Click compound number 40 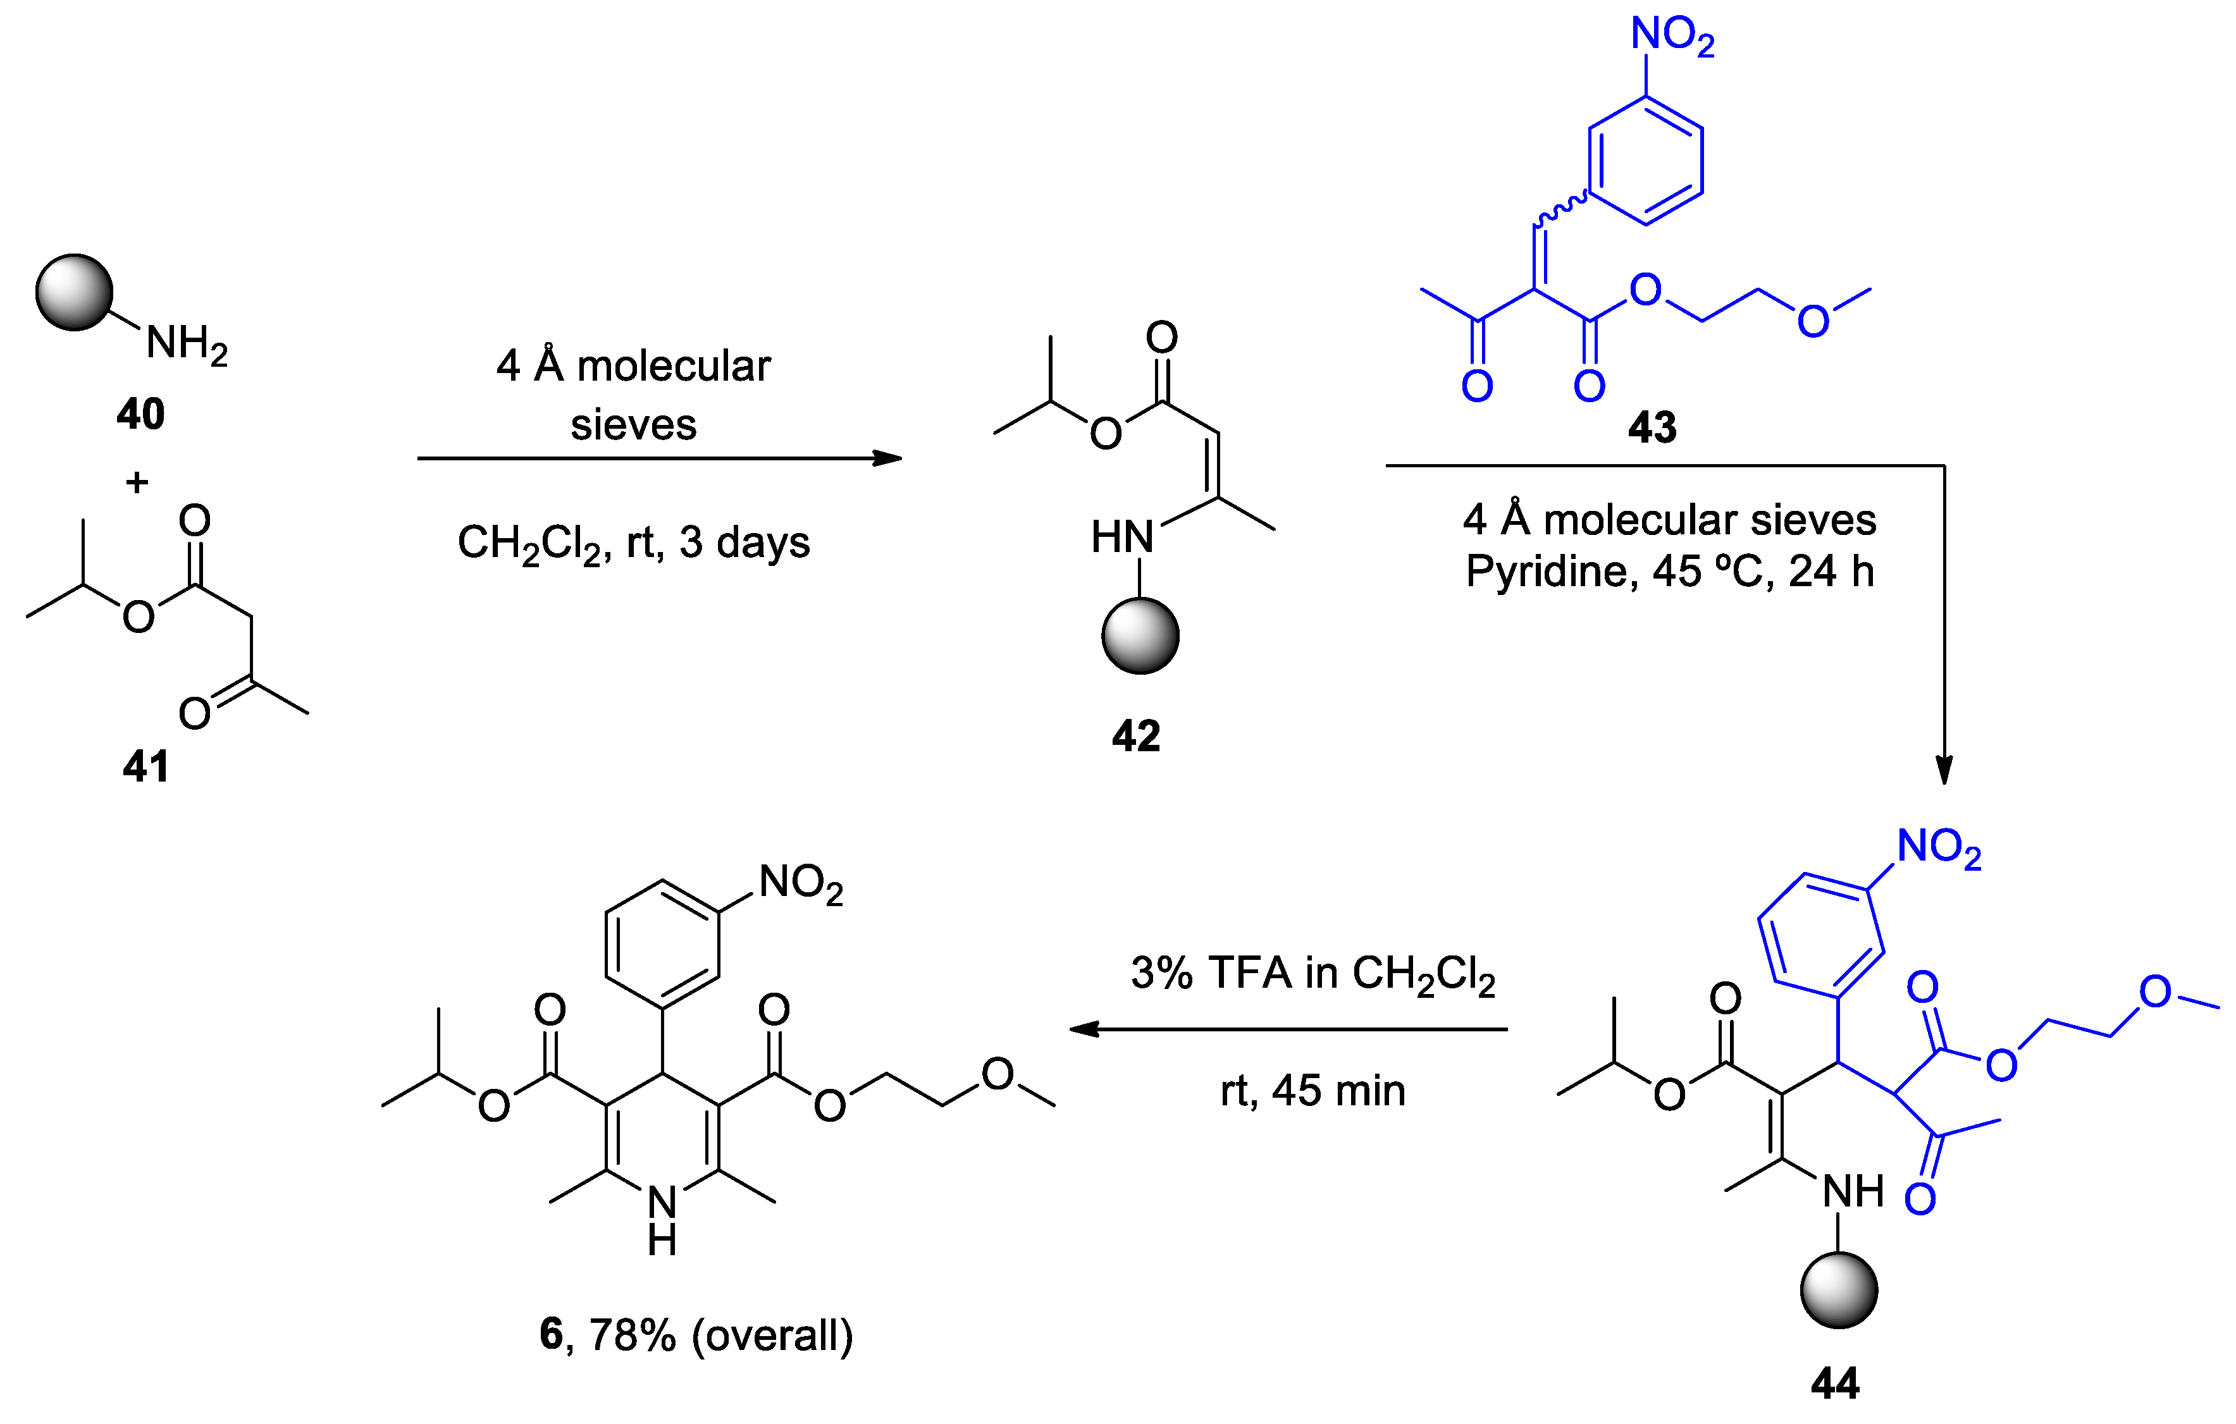click(140, 414)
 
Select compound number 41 click(145, 768)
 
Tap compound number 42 click(1135, 736)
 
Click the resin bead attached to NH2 click(74, 292)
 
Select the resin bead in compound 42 click(1140, 636)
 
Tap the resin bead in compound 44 click(1839, 1291)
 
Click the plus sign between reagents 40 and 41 click(137, 482)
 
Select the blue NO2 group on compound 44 click(1939, 849)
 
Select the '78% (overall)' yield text click(720, 1335)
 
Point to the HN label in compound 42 click(1121, 537)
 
